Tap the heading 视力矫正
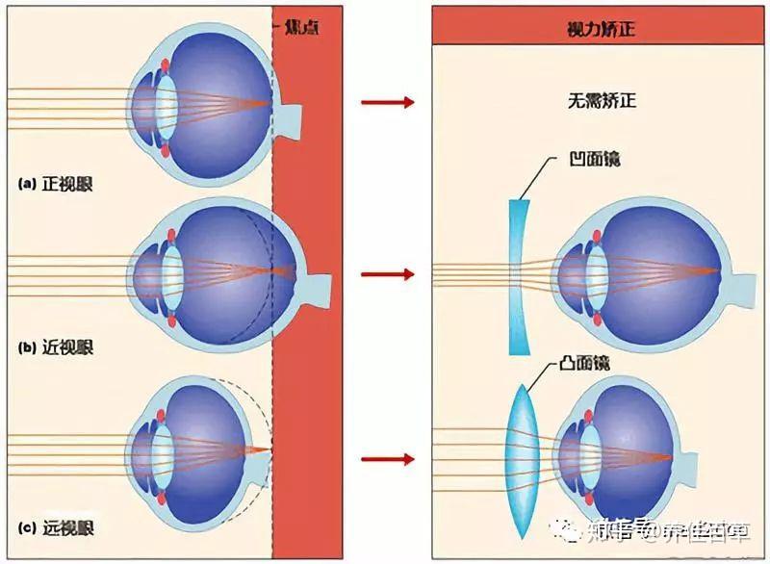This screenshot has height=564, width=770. (601, 30)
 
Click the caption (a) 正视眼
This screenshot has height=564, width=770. (59, 182)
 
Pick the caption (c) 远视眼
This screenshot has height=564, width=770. (59, 526)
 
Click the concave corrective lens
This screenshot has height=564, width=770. (521, 275)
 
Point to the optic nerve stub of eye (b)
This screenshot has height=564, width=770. (319, 288)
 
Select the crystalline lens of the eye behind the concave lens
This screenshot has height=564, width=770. (595, 275)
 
